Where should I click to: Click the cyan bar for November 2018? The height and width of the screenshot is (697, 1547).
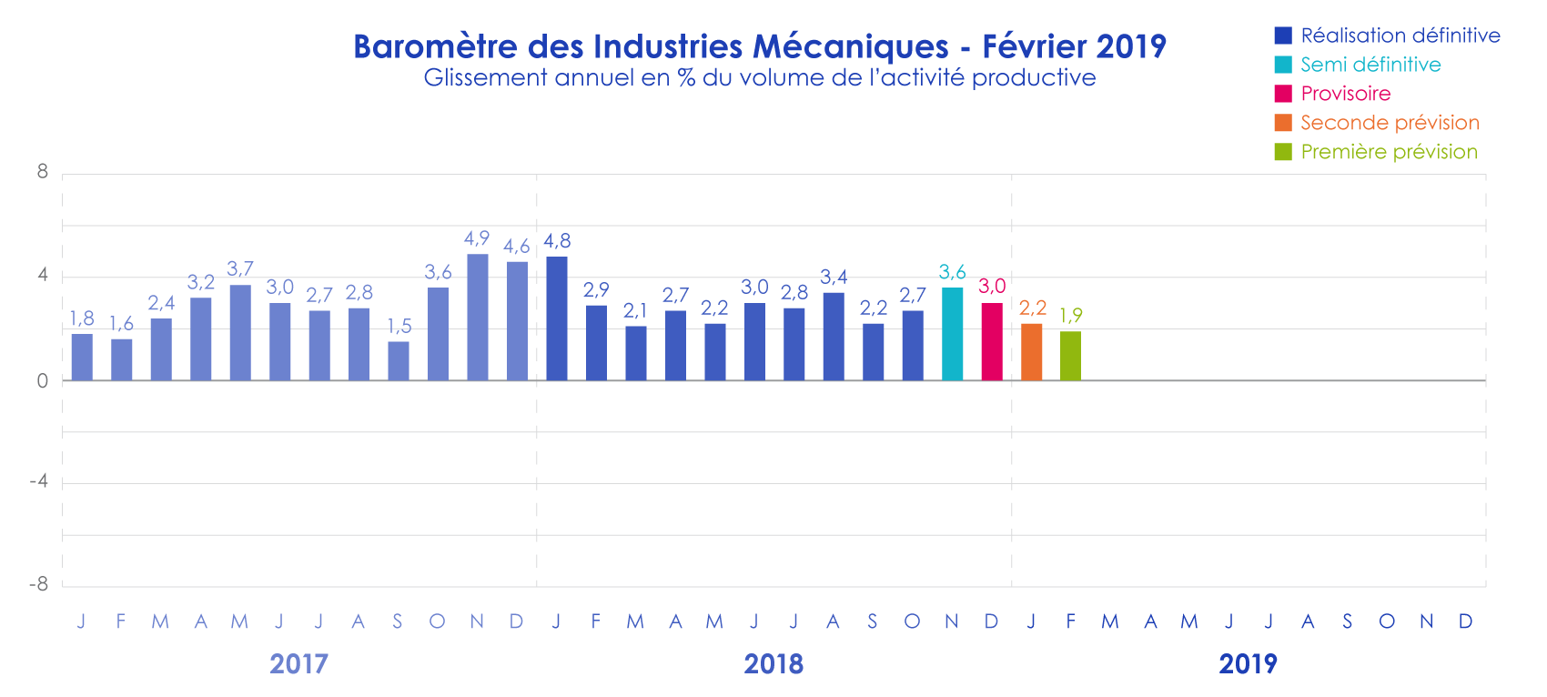[x=952, y=334]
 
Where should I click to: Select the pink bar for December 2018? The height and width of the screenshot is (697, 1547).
[x=992, y=341]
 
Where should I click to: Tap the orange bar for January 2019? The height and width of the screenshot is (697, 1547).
[x=1031, y=352]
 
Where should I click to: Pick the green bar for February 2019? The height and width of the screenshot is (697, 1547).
[x=1070, y=356]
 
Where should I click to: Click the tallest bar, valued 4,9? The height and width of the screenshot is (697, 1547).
[x=477, y=317]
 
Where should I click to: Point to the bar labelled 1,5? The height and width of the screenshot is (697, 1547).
[x=399, y=360]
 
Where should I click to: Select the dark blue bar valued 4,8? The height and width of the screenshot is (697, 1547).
[x=556, y=318]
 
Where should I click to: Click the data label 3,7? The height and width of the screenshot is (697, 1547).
[x=240, y=268]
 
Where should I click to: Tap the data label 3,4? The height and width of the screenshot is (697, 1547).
[x=834, y=277]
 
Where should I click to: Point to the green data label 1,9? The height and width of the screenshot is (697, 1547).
[x=1071, y=315]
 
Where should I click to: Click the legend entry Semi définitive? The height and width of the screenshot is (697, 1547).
[x=1370, y=65]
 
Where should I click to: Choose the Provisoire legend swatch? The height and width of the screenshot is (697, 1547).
[x=1283, y=94]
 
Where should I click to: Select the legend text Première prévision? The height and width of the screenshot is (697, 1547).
[x=1389, y=152]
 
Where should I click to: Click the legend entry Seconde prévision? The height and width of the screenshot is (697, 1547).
[x=1390, y=123]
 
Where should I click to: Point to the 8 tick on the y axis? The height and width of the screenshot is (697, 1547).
[x=43, y=172]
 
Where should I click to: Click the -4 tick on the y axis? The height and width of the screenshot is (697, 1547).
[x=39, y=481]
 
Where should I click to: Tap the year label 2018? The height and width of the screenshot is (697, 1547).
[x=773, y=664]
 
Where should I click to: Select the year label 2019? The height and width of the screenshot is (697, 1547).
[x=1248, y=664]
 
